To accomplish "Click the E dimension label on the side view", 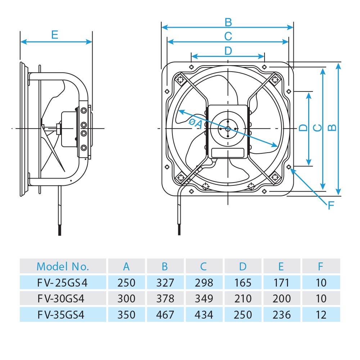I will pyautogui.click(x=54, y=35).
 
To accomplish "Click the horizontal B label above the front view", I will pyautogui.click(x=228, y=22).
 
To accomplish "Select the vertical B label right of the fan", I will pyautogui.click(x=333, y=127).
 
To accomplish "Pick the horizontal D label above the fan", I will pyautogui.click(x=228, y=51).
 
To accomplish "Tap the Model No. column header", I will pyautogui.click(x=63, y=266).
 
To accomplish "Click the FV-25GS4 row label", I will pyautogui.click(x=63, y=283).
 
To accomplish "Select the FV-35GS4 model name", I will pyautogui.click(x=63, y=315).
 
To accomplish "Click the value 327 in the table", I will pyautogui.click(x=165, y=283).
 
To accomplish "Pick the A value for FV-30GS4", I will pyautogui.click(x=126, y=298).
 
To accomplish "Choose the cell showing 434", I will pyautogui.click(x=204, y=315).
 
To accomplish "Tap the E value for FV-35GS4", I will pyautogui.click(x=282, y=315).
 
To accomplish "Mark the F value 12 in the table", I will pyautogui.click(x=320, y=315).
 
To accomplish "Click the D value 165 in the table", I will pyautogui.click(x=243, y=283).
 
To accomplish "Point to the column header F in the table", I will pyautogui.click(x=320, y=266).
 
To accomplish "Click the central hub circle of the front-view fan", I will pyautogui.click(x=228, y=129).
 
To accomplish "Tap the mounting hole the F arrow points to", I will pyautogui.click(x=289, y=167).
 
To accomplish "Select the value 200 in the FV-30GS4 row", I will pyautogui.click(x=282, y=298).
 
